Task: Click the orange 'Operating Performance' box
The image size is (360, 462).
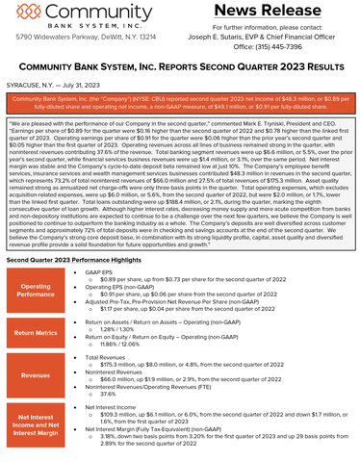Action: (37, 290)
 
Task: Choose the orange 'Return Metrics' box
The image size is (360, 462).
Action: (37, 335)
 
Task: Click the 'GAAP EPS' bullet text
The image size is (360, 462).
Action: (101, 272)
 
